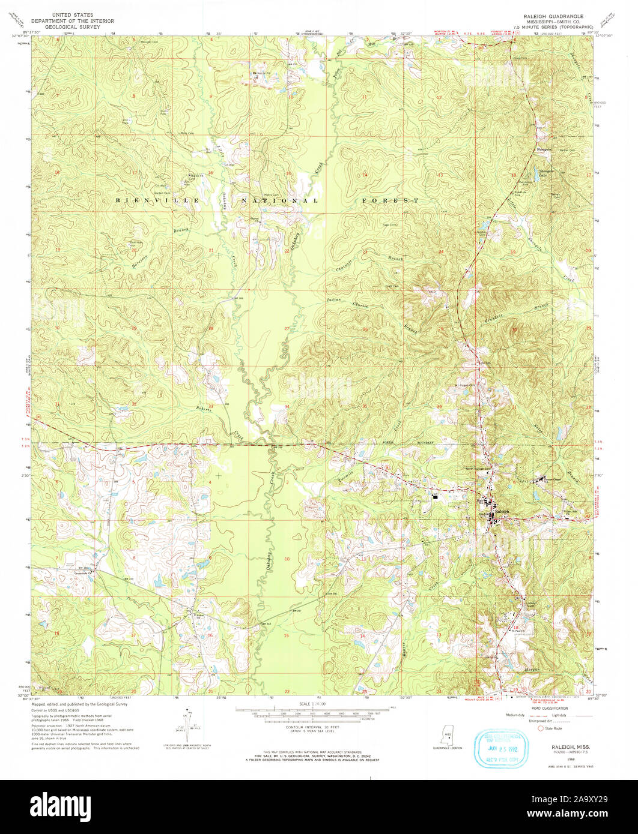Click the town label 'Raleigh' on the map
502,511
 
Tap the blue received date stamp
503,748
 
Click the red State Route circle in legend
539,728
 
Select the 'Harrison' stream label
139,259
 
